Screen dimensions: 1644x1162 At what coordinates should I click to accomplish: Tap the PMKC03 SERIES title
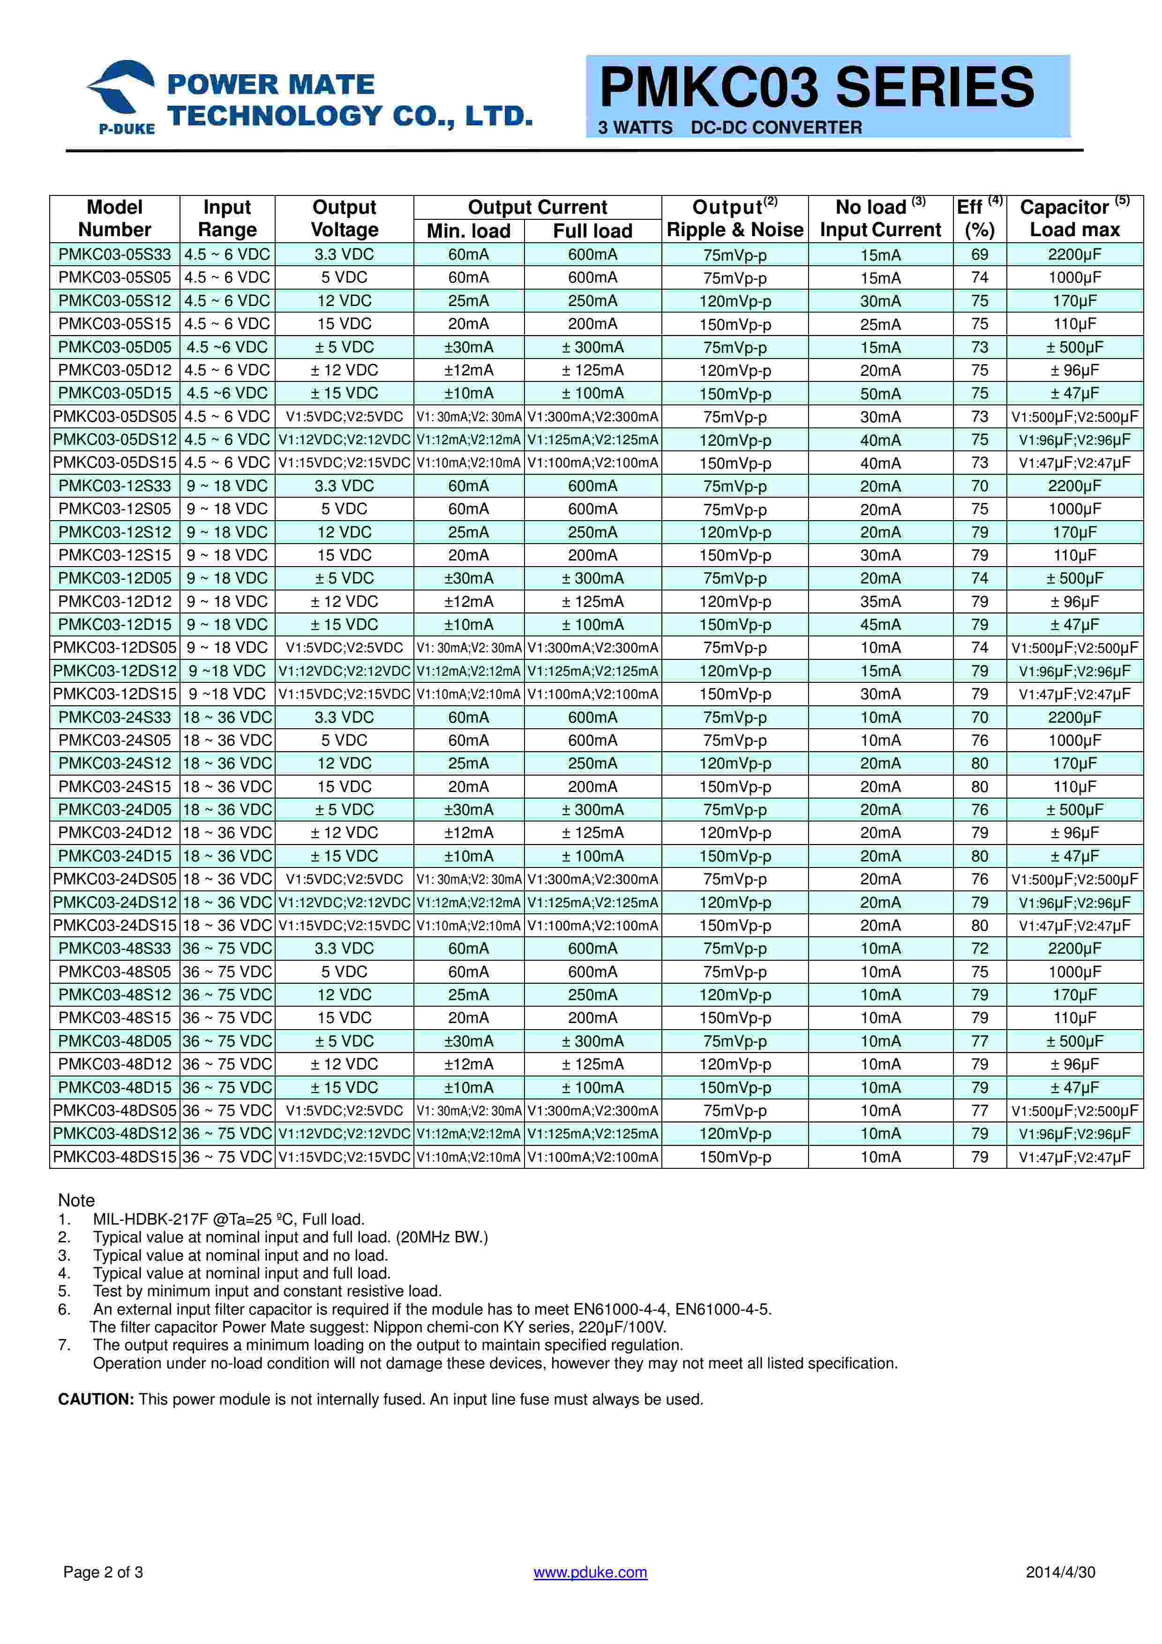pos(816,87)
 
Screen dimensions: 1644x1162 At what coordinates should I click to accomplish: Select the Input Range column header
pos(227,218)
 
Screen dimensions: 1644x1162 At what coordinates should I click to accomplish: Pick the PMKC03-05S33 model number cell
pos(114,254)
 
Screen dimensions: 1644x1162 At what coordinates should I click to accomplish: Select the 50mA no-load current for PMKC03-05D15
pos(880,393)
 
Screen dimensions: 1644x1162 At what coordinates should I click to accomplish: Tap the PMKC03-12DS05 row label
pos(114,647)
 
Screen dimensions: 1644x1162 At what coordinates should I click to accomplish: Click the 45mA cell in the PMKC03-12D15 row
pos(880,624)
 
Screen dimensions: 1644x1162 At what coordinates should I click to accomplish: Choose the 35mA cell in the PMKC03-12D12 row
pos(880,601)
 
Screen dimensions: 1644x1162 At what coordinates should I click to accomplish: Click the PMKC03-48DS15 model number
pos(114,1157)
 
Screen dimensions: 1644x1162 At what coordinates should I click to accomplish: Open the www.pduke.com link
pos(590,1592)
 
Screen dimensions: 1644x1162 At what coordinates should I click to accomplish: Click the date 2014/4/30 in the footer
pos(1060,1592)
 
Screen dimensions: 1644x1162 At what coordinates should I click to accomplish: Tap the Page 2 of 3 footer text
pos(103,1592)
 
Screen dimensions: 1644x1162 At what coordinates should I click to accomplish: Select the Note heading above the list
pos(76,1200)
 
